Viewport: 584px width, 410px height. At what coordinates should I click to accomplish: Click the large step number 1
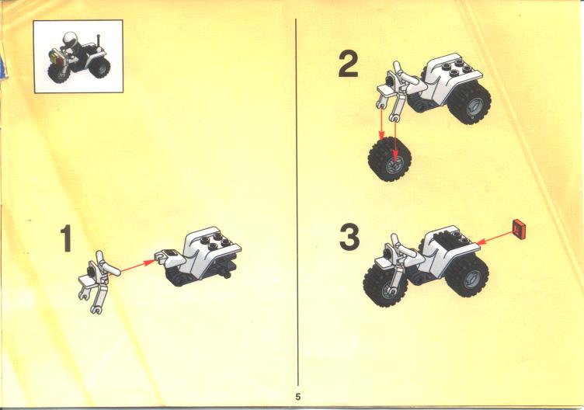tap(66, 238)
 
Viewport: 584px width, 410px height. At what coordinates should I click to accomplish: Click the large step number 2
tap(349, 64)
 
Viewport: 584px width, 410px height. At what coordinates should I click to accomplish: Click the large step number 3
tap(349, 237)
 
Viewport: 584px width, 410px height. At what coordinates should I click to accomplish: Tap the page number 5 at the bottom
tap(297, 397)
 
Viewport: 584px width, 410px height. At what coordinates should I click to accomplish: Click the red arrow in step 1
tap(137, 266)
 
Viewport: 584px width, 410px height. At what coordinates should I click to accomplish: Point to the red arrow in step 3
tap(495, 238)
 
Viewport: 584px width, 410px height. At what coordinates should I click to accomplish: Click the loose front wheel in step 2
tap(390, 159)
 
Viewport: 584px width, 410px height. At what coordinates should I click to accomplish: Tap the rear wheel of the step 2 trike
tap(469, 103)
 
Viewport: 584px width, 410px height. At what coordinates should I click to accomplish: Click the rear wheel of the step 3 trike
tap(468, 276)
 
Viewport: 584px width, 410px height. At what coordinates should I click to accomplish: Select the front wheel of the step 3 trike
tap(384, 285)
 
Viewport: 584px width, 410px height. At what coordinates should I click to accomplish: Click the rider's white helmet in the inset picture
tap(70, 38)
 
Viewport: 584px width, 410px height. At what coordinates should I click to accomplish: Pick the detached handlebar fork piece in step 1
tap(99, 282)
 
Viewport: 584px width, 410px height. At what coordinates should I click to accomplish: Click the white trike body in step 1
tap(201, 253)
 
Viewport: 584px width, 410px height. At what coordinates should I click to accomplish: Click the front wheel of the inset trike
tap(57, 73)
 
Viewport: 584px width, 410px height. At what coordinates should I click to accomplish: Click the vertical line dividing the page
tap(297, 202)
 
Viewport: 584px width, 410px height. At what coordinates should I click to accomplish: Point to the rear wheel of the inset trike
tap(100, 68)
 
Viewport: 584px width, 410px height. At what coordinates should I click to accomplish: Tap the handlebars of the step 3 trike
tap(403, 248)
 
